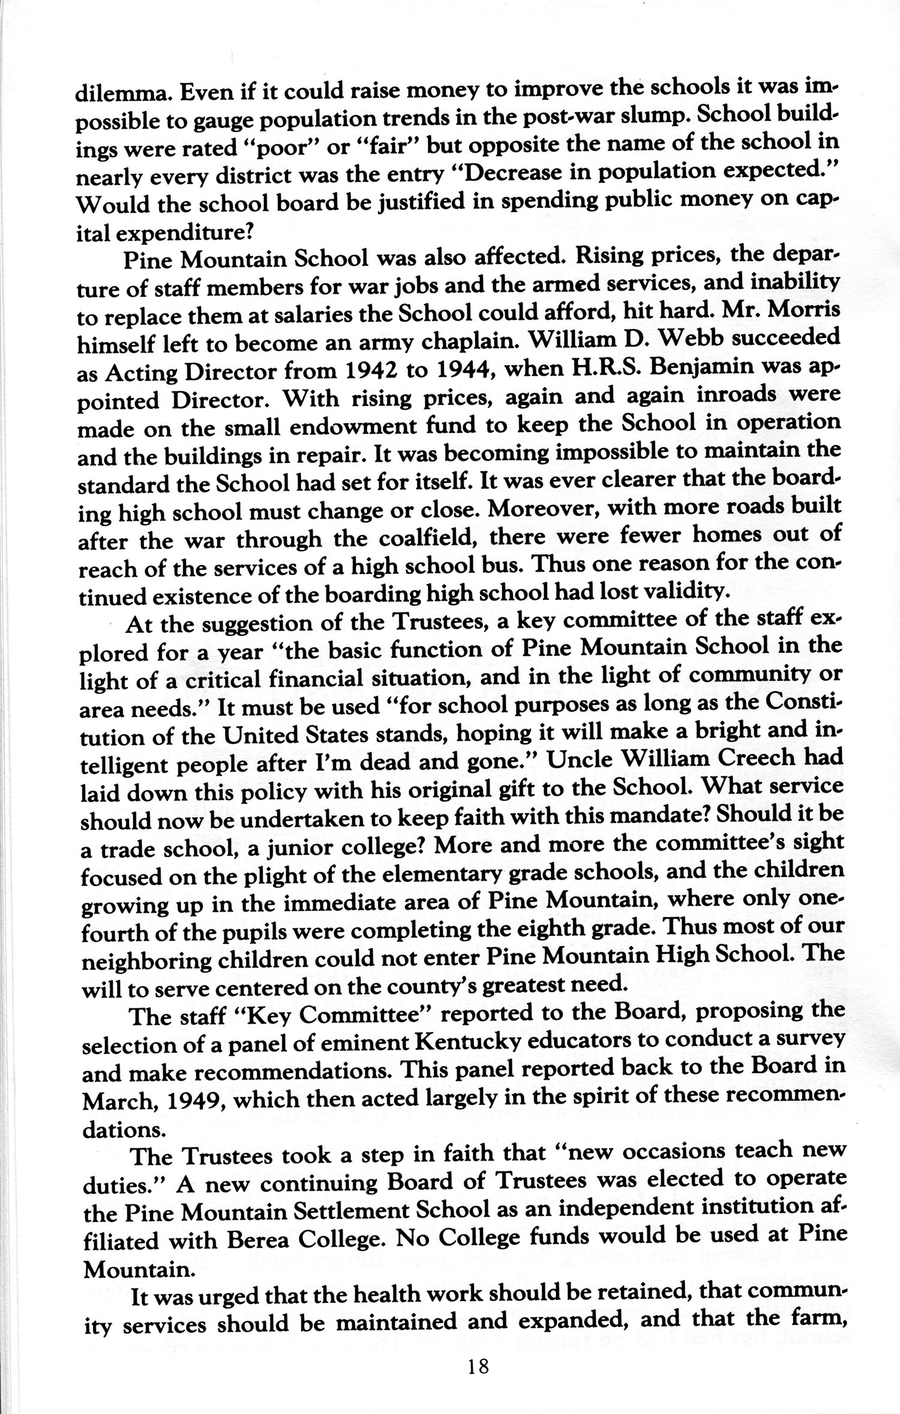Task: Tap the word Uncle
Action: (x=576, y=759)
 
